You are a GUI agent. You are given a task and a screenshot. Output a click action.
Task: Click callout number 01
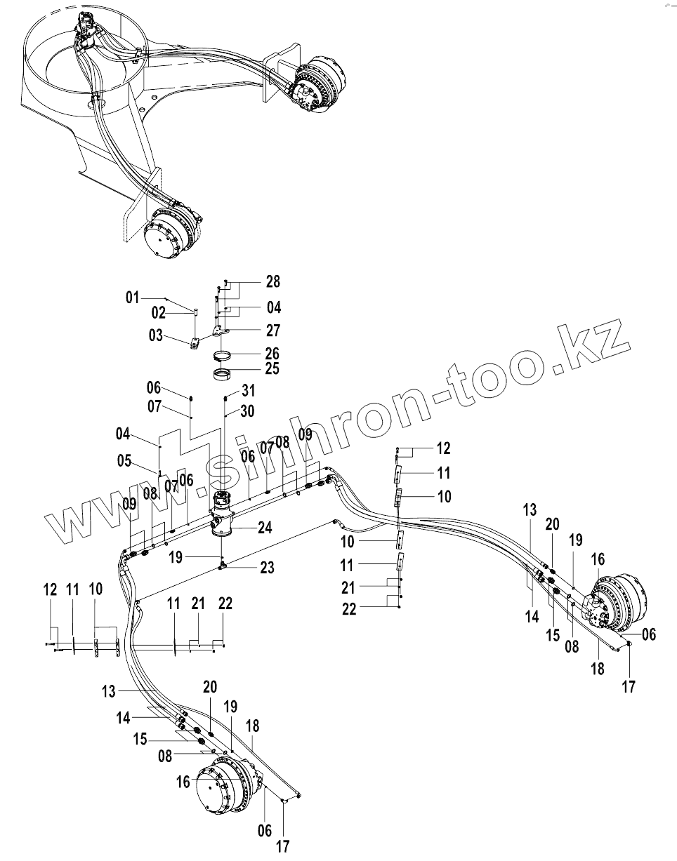coord(132,298)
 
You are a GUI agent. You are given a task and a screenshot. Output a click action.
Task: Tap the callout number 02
coord(159,312)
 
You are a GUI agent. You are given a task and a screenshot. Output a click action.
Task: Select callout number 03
coord(155,337)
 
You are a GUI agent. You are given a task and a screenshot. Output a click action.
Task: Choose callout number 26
coord(271,352)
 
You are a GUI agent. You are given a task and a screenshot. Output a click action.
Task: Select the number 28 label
coord(272,282)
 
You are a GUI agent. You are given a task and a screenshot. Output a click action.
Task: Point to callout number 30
coord(247,411)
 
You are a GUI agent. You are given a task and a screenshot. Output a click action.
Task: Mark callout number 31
coord(247,391)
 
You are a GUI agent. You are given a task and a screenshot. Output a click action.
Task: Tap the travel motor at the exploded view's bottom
coord(223,787)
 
